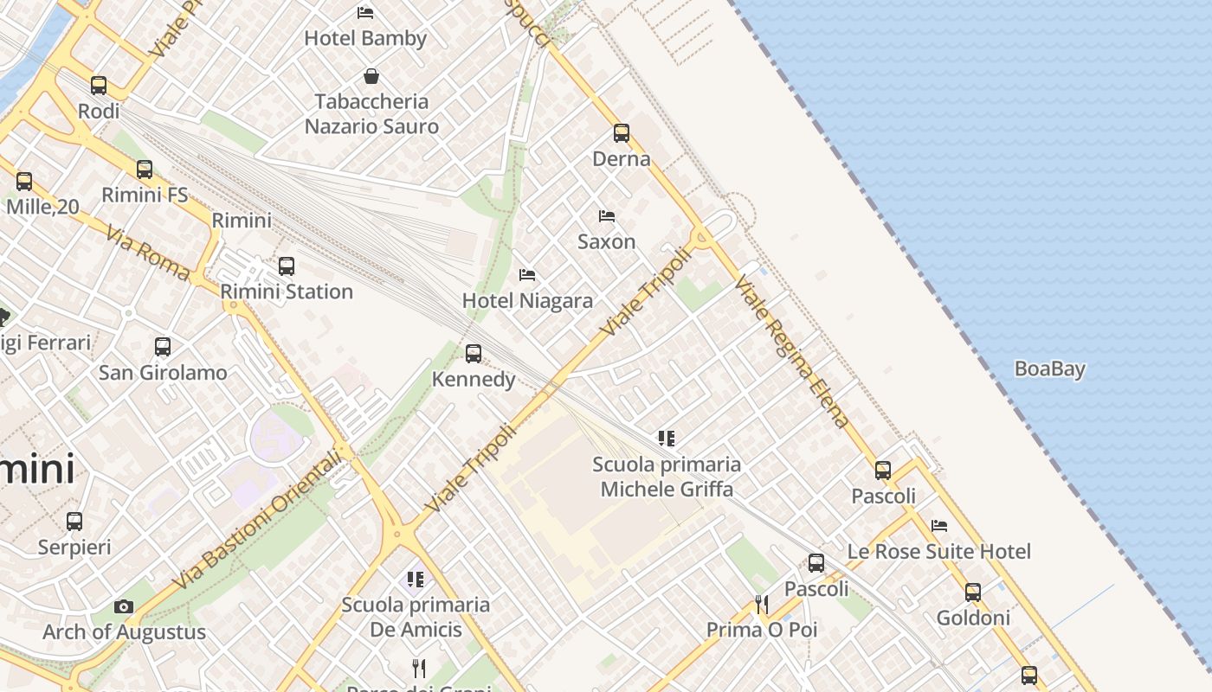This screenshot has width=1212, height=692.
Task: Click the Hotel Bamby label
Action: [x=365, y=38]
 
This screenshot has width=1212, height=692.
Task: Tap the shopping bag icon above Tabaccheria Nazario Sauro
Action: [x=371, y=76]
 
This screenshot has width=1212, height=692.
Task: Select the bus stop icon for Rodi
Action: [x=99, y=85]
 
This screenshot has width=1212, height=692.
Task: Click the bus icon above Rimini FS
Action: [x=145, y=170]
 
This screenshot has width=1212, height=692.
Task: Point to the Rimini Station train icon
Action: [x=287, y=266]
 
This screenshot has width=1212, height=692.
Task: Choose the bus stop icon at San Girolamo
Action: [x=163, y=347]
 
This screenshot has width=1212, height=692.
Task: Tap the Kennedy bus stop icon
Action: [x=474, y=353]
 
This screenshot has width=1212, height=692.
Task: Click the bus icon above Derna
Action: [x=622, y=132]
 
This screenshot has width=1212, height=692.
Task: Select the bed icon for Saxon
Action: [x=607, y=215]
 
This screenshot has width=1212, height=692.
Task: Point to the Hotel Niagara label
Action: [x=527, y=301]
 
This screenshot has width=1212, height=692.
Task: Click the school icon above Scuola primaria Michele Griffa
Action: [x=667, y=439]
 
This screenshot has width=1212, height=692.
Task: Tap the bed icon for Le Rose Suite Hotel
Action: [x=939, y=525]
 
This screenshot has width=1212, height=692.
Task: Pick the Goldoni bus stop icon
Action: [x=973, y=592]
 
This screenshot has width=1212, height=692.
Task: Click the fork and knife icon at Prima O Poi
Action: [x=762, y=604]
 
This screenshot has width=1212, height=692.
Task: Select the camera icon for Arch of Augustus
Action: [x=124, y=606]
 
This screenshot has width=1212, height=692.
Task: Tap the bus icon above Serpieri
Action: [x=74, y=522]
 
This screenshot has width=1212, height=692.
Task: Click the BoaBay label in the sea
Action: [x=1049, y=369]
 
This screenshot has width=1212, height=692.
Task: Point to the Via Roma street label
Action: [x=147, y=253]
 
